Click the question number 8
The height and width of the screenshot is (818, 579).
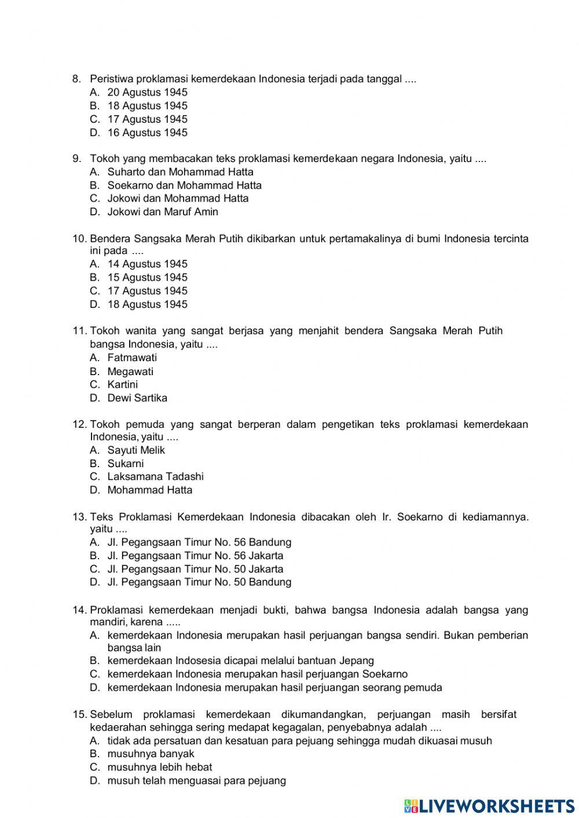(x=75, y=79)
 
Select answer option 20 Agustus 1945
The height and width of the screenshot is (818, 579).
(x=147, y=93)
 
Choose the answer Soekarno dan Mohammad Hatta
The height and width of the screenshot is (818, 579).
(x=184, y=185)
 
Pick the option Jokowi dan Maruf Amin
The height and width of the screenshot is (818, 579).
(x=163, y=212)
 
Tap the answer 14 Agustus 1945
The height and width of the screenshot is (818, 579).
(x=147, y=264)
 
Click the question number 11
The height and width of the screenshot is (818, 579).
(x=79, y=331)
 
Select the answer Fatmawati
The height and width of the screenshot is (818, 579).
(x=132, y=358)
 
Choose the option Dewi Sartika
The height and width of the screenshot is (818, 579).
(x=137, y=398)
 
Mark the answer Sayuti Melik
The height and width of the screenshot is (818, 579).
(x=136, y=450)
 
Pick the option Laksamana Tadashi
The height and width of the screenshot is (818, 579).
(x=155, y=477)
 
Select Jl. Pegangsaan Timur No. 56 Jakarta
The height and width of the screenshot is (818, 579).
(x=195, y=556)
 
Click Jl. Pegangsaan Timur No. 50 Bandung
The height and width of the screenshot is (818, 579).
(x=199, y=582)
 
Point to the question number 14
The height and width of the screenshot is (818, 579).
(x=79, y=610)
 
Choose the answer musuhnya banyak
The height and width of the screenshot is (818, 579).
(x=151, y=754)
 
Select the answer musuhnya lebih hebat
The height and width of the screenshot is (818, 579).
(x=160, y=768)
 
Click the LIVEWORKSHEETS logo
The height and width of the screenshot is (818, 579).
(x=489, y=805)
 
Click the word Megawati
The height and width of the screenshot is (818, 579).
(x=130, y=372)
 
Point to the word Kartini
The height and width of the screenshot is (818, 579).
(x=123, y=385)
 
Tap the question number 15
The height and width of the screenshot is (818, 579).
(x=79, y=714)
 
